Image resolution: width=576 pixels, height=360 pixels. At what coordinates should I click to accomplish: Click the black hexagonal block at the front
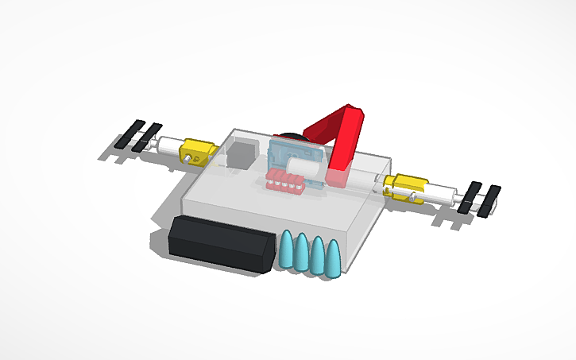(218, 244)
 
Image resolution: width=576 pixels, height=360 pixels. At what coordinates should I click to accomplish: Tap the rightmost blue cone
(334, 259)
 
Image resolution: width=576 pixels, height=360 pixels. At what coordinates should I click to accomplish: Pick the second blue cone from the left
(303, 254)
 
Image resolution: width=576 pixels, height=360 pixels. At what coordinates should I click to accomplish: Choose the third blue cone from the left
(319, 256)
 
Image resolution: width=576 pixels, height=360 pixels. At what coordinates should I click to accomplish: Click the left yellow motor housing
(196, 149)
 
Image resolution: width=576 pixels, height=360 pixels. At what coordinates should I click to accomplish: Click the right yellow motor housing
(404, 188)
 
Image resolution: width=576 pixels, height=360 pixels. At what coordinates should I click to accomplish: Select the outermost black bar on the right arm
(489, 201)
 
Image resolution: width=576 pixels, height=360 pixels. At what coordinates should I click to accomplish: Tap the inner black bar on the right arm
(470, 197)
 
